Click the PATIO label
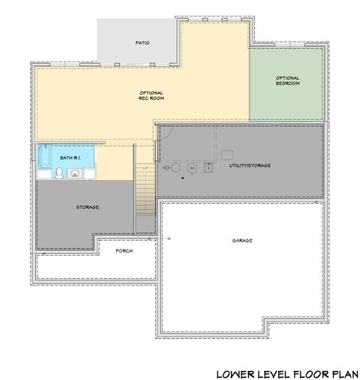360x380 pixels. (x=142, y=43)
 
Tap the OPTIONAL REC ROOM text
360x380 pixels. (x=151, y=95)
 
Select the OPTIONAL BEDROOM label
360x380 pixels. (x=287, y=80)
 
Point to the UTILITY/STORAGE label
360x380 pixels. (x=250, y=164)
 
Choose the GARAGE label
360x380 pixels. (x=241, y=241)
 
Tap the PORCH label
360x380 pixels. (x=124, y=251)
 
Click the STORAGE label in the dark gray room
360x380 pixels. (x=88, y=207)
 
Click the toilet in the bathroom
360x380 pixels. (x=58, y=174)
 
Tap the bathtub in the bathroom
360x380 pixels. (x=45, y=158)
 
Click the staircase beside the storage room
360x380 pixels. (x=145, y=191)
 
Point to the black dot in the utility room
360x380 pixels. (x=182, y=178)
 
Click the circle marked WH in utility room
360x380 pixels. (x=192, y=169)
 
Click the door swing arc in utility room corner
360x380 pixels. (x=167, y=132)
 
